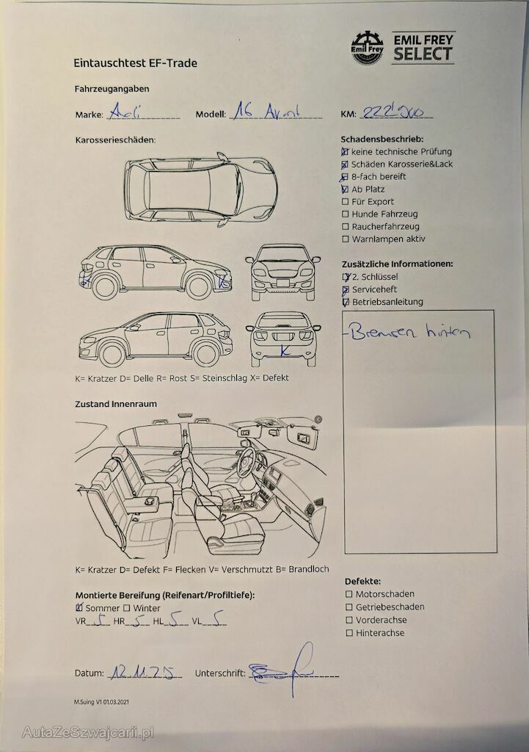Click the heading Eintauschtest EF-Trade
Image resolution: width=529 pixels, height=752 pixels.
pyautogui.click(x=136, y=63)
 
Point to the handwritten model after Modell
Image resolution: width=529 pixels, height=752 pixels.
pyautogui.click(x=265, y=112)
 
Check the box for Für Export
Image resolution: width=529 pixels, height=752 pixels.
pyautogui.click(x=346, y=202)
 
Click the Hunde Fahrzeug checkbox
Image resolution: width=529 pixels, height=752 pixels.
pyautogui.click(x=346, y=214)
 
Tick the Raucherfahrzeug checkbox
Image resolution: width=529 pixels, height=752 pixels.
pyautogui.click(x=346, y=227)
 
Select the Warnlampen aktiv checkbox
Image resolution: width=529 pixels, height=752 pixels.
pyautogui.click(x=346, y=239)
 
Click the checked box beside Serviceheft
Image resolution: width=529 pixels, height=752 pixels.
pyautogui.click(x=346, y=290)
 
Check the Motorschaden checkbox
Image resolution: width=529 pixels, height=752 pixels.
pyautogui.click(x=349, y=594)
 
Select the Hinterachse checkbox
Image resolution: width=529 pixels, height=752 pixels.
pyautogui.click(x=349, y=633)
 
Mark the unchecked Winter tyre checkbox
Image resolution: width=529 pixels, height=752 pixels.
pyautogui.click(x=127, y=608)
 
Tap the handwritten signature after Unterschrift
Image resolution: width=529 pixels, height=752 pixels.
pyautogui.click(x=282, y=667)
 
